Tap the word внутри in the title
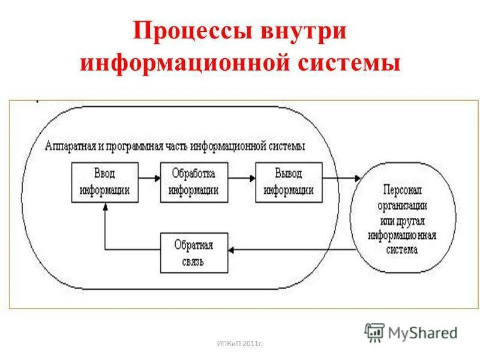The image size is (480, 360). (303, 32)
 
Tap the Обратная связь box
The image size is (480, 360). (194, 253)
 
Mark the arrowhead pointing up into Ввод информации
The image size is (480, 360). (105, 206)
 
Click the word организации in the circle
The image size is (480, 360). (403, 204)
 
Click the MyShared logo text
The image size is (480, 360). (422, 332)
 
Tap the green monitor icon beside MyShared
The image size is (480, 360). (374, 332)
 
